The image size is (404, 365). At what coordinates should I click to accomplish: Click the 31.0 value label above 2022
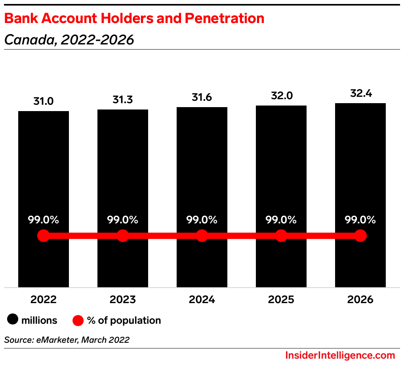pyautogui.click(x=44, y=101)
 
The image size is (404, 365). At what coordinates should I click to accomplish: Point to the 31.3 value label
pyautogui.click(x=123, y=100)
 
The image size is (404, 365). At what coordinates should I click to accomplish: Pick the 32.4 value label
pyautogui.click(x=360, y=94)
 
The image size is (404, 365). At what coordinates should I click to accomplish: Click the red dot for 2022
pyautogui.click(x=44, y=236)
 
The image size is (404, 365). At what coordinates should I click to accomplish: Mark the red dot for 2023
pyautogui.click(x=123, y=236)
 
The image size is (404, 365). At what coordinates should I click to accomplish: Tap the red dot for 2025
pyautogui.click(x=281, y=236)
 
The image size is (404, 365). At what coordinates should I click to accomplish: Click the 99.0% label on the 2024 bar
pyautogui.click(x=202, y=220)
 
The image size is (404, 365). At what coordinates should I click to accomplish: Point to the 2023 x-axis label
pyautogui.click(x=123, y=299)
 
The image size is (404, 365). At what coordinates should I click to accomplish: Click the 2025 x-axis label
pyautogui.click(x=281, y=299)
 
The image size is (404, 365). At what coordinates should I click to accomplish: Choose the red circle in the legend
pyautogui.click(x=78, y=320)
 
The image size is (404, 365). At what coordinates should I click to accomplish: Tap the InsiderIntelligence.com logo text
pyautogui.click(x=340, y=355)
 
